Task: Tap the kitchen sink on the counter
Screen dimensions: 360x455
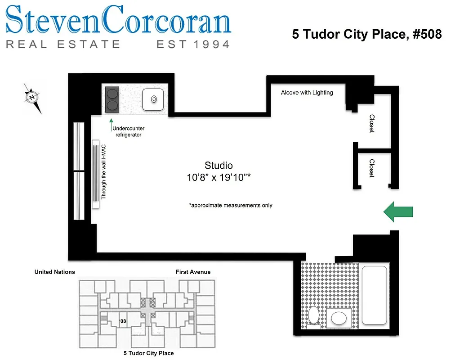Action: coord(153,99)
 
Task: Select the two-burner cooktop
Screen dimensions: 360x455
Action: coord(112,99)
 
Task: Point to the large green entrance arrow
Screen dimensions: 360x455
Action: coord(397,211)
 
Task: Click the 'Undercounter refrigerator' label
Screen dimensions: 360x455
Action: coord(128,131)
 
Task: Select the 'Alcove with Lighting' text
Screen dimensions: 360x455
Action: coord(307,93)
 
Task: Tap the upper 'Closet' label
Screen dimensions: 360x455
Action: coord(372,123)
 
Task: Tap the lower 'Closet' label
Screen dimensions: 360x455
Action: coord(372,168)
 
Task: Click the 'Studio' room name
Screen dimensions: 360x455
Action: coord(219,166)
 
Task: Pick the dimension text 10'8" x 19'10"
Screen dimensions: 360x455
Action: coord(219,178)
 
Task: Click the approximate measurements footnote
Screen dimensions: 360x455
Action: coord(231,205)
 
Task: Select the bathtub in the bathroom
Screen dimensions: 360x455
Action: coord(374,295)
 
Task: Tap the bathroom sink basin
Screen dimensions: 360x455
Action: coord(339,319)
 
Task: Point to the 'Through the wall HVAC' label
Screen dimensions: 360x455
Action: coord(103,172)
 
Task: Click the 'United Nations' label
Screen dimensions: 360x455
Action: coord(55,272)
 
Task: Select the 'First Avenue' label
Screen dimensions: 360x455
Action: coord(193,272)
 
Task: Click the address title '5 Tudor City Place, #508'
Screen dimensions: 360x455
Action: coord(367,34)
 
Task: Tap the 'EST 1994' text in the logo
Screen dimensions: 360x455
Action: coord(192,44)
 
